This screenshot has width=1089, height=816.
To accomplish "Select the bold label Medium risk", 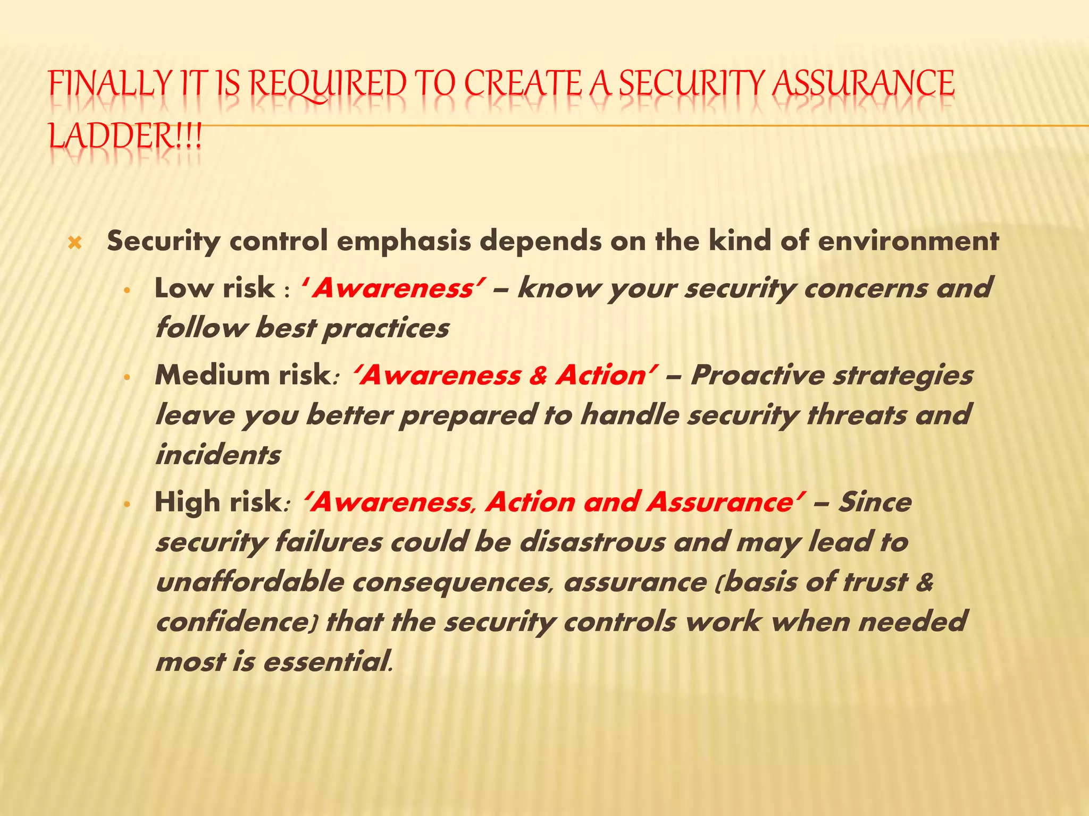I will pyautogui.click(x=242, y=375).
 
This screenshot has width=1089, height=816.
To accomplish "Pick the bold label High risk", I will pyautogui.click(x=219, y=502).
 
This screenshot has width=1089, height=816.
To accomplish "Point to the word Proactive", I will pyautogui.click(x=757, y=375).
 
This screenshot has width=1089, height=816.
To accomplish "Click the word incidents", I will pyautogui.click(x=218, y=455).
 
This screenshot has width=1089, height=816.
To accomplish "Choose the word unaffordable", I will pyautogui.click(x=250, y=582).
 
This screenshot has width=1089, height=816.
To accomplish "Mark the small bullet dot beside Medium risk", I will pyautogui.click(x=127, y=378).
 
